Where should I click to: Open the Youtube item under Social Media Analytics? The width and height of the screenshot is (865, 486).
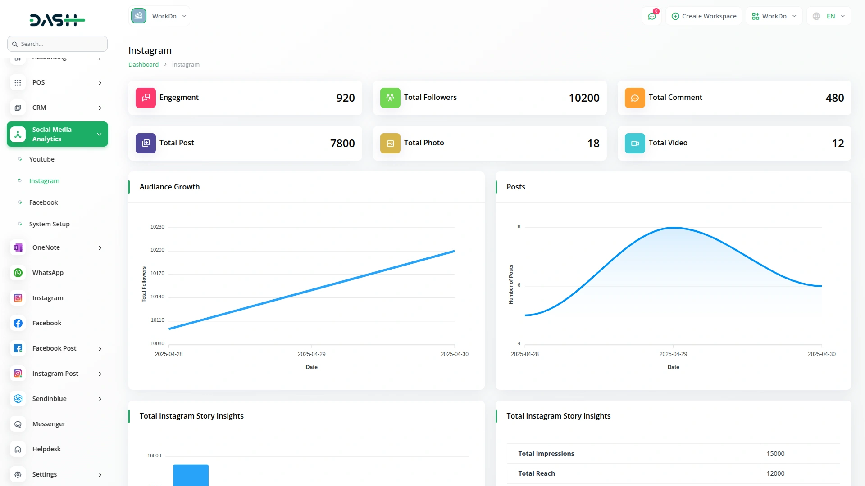pos(41,159)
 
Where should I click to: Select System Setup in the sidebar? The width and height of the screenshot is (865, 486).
pos(49,224)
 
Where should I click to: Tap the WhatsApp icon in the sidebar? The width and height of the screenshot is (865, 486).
pos(18,273)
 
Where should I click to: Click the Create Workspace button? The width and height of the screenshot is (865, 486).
pos(704,16)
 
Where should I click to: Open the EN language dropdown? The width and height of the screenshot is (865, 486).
pos(829,16)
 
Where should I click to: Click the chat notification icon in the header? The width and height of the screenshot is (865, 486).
pos(652,16)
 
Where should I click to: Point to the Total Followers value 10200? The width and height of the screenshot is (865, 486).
pos(584,98)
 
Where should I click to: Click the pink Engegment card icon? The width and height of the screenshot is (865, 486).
pos(146,98)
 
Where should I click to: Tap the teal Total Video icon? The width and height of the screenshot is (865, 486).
pos(635,143)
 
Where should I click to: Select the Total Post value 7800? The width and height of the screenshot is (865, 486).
pos(342,144)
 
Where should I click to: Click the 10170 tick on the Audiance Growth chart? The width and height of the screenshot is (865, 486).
pos(157,273)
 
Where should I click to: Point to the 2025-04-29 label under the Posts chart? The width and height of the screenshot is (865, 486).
pos(673,354)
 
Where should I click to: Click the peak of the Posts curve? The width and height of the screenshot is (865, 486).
pos(674,228)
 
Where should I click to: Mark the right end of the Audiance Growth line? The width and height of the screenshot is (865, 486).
pos(454,252)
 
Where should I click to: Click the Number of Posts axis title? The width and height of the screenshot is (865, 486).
pos(511,284)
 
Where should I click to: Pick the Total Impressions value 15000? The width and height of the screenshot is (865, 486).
pos(775,454)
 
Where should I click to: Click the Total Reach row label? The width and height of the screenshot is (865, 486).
pos(536,473)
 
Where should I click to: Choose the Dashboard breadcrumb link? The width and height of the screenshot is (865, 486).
pos(143,65)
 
